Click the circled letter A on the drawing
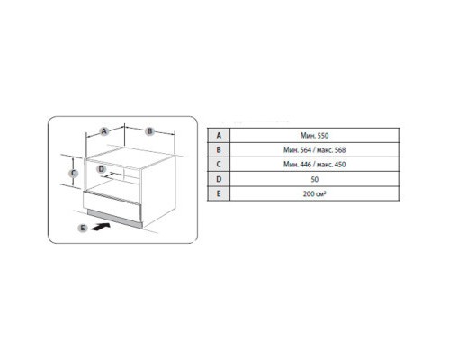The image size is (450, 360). point(103,131)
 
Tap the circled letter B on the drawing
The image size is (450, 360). point(149,131)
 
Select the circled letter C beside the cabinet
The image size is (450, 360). point(73,173)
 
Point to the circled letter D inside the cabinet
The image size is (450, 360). point(102,169)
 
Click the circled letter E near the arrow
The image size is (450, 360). point(83,229)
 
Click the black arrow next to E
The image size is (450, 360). point(101,227)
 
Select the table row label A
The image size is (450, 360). point(219,136)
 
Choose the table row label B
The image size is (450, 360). point(219,150)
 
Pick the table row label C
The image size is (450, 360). point(219,165)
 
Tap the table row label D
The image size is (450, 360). point(219,179)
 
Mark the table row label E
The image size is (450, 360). point(219,193)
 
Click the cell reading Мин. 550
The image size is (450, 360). point(314,136)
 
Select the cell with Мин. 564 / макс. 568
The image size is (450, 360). point(314,150)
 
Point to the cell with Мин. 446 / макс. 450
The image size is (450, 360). point(314,165)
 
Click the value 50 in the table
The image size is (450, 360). point(315,179)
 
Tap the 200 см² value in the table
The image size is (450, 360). point(314,193)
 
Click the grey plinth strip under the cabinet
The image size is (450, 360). point(114,217)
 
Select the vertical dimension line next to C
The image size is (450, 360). point(73,173)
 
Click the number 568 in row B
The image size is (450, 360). point(340,150)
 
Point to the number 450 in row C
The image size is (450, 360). point(340,165)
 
